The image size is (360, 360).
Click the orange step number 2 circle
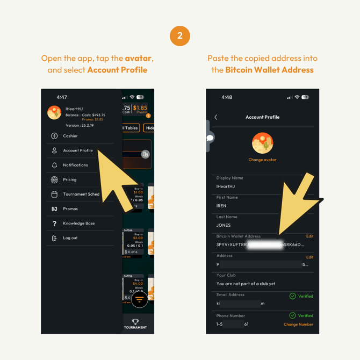pyautogui.click(x=180, y=36)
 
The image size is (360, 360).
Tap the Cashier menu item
pyautogui.click(x=70, y=136)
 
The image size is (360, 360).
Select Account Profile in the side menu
pyautogui.click(x=78, y=150)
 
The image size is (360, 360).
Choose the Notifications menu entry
pyautogui.click(x=75, y=165)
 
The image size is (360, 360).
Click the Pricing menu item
pyautogui.click(x=70, y=179)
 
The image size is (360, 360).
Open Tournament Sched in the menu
pyautogui.click(x=81, y=194)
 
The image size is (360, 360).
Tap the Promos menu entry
pyautogui.click(x=70, y=208)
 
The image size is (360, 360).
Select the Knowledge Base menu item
pyautogui.click(x=79, y=223)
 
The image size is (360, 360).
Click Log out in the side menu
pyautogui.click(x=70, y=237)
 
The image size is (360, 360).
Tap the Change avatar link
pyautogui.click(x=262, y=160)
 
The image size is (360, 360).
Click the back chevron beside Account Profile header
pyautogui.click(x=216, y=117)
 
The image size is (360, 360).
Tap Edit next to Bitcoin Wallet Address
pyautogui.click(x=309, y=236)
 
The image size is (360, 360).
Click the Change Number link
pyautogui.click(x=298, y=325)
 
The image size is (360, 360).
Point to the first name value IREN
pyautogui.click(x=221, y=206)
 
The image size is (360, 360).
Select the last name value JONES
pyautogui.click(x=224, y=225)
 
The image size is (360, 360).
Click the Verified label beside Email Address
pyautogui.click(x=305, y=296)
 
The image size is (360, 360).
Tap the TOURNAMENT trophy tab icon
pyautogui.click(x=135, y=322)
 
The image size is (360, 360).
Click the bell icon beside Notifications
pyautogui.click(x=54, y=165)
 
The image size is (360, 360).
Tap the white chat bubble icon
pyautogui.click(x=210, y=138)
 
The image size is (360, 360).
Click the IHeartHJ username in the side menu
pyautogui.click(x=74, y=109)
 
